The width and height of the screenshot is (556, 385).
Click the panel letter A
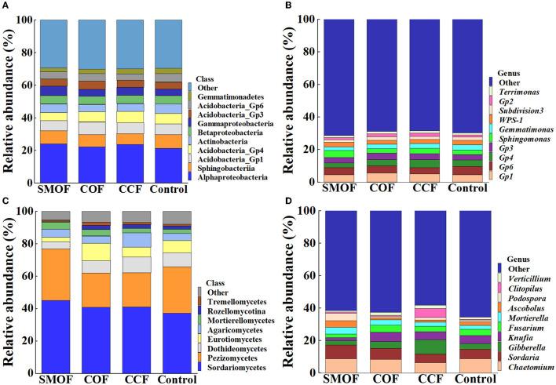click(x=5, y=6)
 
